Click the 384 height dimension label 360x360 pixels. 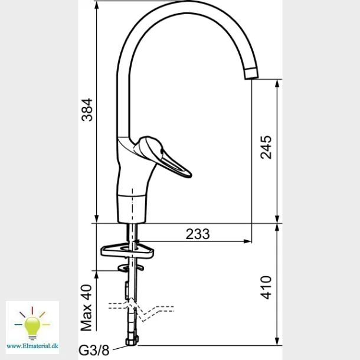click(x=87, y=110)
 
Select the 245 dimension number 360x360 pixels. click(x=266, y=148)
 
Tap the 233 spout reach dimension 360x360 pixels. click(x=198, y=234)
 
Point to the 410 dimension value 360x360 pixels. click(x=266, y=287)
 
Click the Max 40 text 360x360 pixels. click(x=86, y=307)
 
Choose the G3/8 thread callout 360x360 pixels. click(x=94, y=351)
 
